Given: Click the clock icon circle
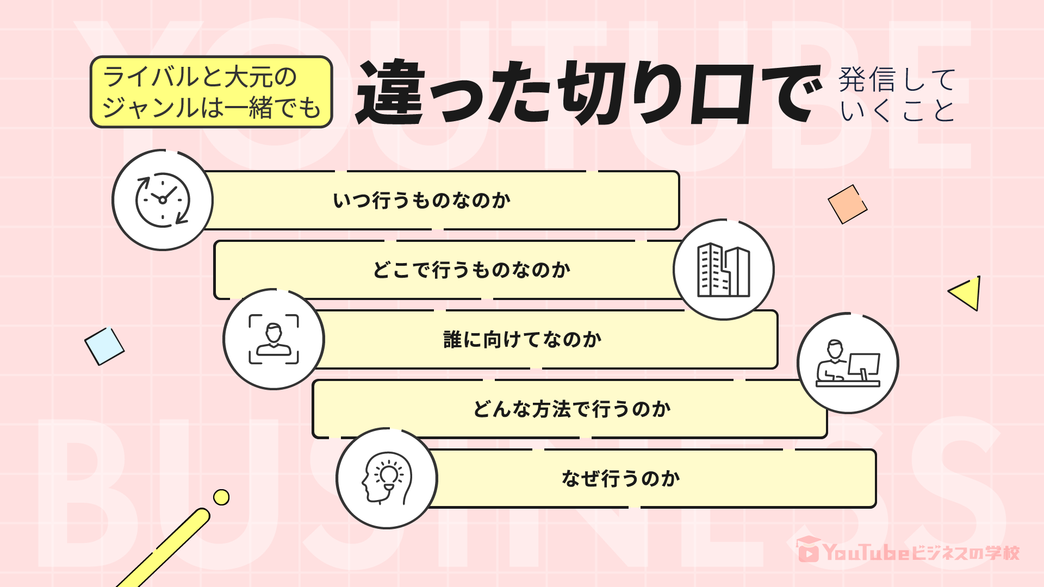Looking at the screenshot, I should [163, 200].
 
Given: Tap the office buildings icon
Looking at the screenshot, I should [723, 270].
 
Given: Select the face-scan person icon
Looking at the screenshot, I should [274, 339].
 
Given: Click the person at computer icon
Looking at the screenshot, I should [848, 363].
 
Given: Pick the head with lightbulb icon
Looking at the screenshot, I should [387, 478].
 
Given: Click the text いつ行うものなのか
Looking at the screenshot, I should [422, 201].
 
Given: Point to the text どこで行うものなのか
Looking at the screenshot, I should [471, 270].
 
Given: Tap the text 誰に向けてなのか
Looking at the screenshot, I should [523, 340].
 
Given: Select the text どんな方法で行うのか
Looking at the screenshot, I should [571, 409].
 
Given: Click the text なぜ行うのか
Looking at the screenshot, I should [621, 479].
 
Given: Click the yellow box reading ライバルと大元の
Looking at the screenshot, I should [211, 92].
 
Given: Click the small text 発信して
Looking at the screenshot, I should [897, 79].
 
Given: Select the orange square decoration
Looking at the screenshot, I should [847, 204].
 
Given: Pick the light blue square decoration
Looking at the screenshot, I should [104, 346].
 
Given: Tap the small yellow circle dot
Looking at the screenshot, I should [221, 497].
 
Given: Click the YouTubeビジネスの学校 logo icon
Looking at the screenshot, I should [808, 550].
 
